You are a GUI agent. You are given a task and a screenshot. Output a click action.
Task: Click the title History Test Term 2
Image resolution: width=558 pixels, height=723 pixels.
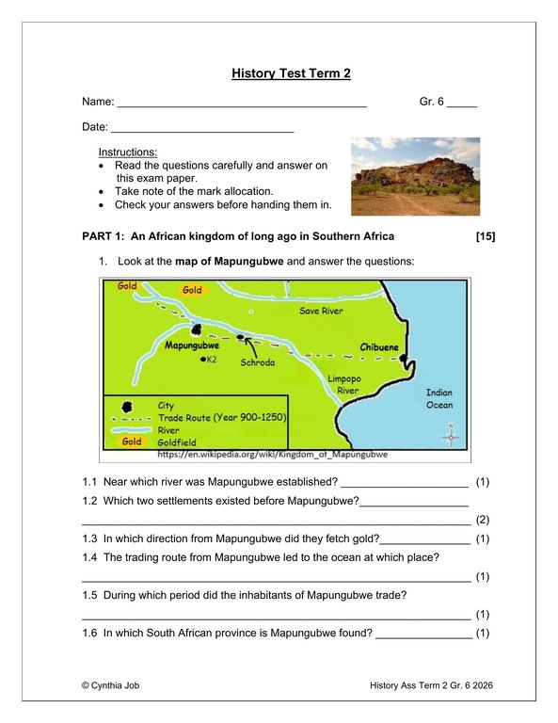click(291, 72)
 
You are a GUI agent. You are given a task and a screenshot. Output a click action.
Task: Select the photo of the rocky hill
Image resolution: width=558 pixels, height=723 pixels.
click(415, 176)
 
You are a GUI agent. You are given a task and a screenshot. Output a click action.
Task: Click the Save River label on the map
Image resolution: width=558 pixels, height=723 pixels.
click(321, 311)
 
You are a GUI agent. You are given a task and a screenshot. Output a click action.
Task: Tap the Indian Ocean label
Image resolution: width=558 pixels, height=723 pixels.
click(438, 399)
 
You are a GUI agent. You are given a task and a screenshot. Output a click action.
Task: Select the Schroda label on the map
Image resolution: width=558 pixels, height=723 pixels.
click(257, 361)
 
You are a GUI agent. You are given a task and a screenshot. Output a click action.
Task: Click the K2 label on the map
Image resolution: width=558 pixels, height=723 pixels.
click(212, 360)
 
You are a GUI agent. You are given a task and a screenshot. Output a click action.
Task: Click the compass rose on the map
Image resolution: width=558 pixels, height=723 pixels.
click(452, 436)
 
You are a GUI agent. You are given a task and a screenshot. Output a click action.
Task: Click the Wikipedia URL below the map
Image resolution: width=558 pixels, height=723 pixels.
click(273, 454)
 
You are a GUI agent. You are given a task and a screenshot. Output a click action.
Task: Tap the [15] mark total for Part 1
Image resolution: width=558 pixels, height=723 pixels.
click(486, 236)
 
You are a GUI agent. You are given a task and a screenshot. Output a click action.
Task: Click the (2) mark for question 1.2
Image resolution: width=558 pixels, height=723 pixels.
click(483, 520)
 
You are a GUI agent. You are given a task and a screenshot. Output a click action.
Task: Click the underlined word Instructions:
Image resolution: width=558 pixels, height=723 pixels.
click(128, 152)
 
